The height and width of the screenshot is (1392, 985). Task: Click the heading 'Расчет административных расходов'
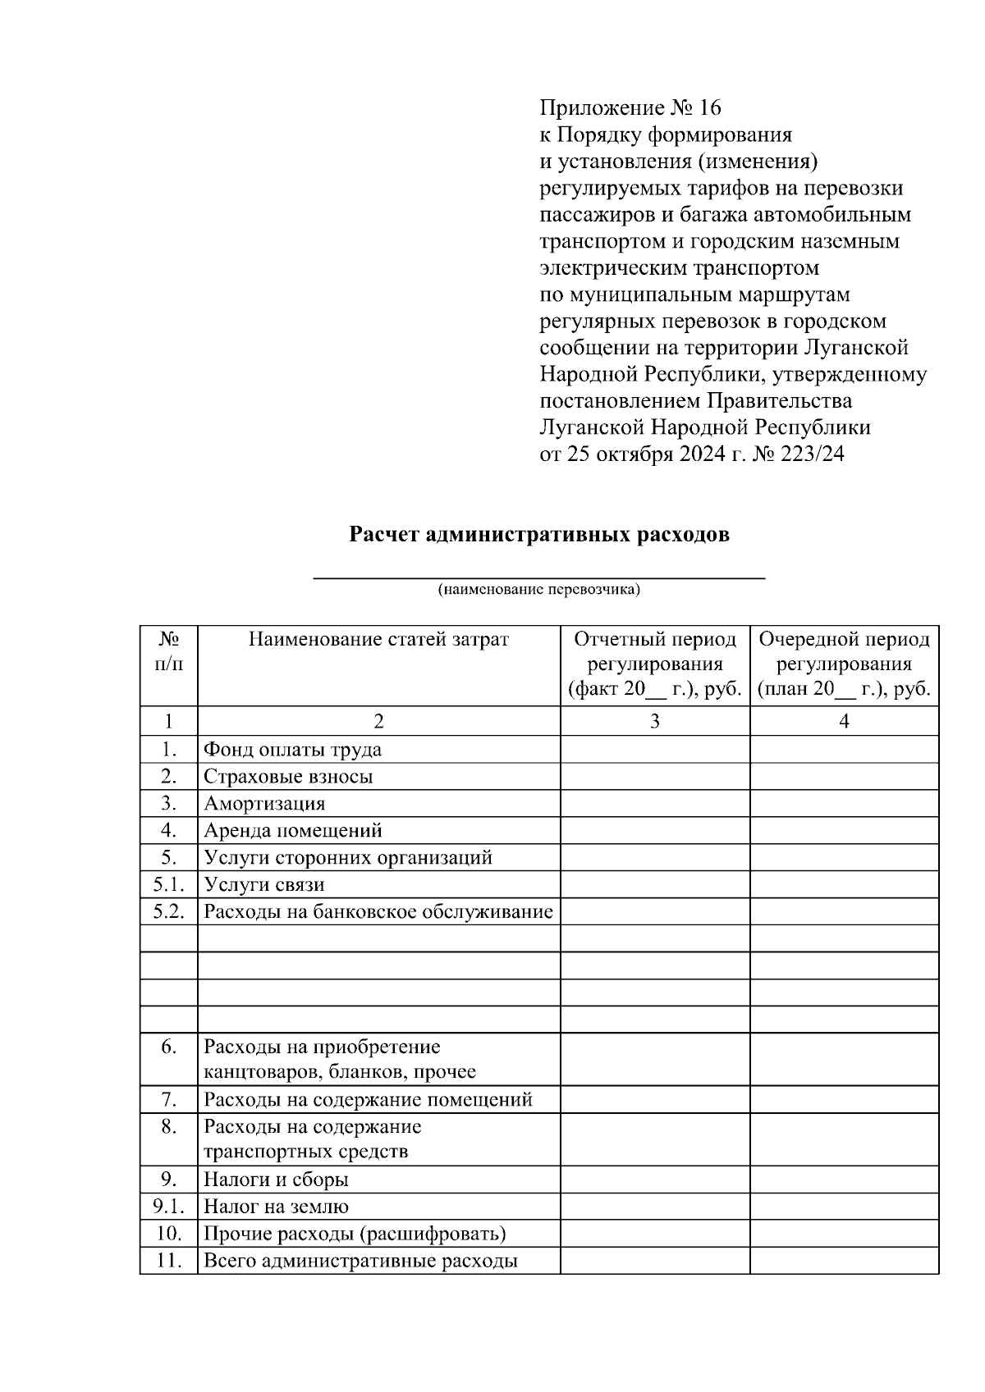coord(539,535)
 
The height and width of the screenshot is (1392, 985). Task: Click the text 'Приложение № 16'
coord(630,108)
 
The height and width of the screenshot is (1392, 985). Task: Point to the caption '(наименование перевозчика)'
coord(538,589)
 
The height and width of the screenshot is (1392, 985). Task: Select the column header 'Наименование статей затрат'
coord(378,640)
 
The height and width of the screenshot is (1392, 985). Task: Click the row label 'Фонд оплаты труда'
coord(292,749)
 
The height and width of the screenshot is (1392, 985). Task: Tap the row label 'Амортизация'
coord(264,803)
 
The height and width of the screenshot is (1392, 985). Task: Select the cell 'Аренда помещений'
coord(293,830)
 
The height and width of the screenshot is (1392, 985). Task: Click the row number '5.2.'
coord(168,911)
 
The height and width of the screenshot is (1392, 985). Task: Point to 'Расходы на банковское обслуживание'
coord(378,911)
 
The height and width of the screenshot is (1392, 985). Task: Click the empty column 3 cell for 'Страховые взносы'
coord(654,776)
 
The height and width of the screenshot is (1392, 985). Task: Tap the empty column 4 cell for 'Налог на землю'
coord(844,1206)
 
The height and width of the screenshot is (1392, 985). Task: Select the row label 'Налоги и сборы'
coord(276,1180)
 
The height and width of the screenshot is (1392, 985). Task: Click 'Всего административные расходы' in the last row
coord(360,1261)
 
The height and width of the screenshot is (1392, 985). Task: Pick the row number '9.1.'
coord(168,1206)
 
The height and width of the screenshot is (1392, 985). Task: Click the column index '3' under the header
coord(654,721)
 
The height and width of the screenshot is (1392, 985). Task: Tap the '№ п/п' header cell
coord(168,652)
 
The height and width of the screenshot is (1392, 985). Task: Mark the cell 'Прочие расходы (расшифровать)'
coord(355,1234)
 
